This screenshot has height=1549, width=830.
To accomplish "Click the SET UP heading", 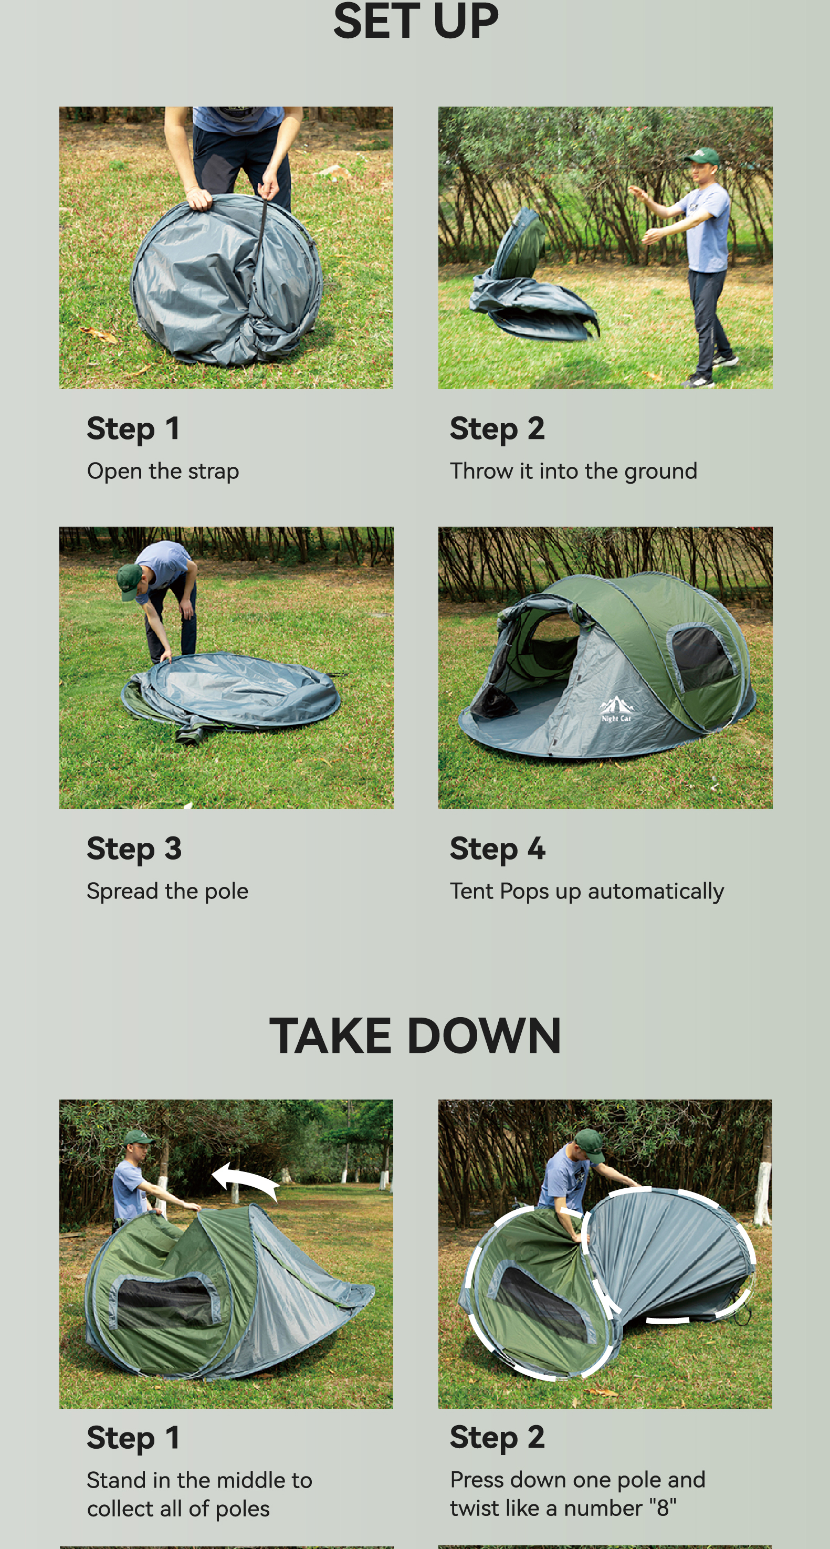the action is pos(415,21).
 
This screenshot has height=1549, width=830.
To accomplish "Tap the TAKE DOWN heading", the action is pos(415,1035).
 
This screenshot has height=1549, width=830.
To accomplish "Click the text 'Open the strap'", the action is pos(163,471).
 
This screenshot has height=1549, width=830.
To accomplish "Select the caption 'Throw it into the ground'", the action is pos(573,471).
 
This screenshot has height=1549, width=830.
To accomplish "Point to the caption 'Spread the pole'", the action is pos(167,891).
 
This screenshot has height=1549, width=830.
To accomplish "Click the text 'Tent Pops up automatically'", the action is pos(586,891).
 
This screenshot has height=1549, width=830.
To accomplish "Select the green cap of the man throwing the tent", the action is pos(702,156).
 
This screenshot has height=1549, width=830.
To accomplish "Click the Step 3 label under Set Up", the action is pos(134,849).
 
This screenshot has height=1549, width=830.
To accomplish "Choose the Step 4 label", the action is pos(497,849).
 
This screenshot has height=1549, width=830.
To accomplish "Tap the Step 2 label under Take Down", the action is pos(497,1437).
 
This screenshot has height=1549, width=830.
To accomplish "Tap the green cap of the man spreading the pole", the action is pos(130,581).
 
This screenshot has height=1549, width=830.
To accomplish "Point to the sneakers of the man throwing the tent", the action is pos(713,370).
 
